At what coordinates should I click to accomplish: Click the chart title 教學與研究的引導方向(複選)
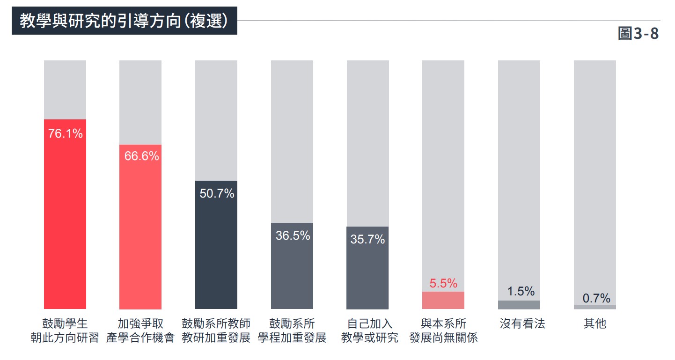(124, 22)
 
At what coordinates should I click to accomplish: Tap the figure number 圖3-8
(638, 34)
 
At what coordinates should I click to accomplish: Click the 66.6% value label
(141, 156)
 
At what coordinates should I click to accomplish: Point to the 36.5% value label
(293, 235)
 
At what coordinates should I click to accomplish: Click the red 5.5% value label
(443, 283)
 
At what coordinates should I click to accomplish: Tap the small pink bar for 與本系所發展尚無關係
(443, 300)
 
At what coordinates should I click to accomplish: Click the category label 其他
(595, 323)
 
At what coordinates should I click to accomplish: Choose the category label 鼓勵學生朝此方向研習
(65, 331)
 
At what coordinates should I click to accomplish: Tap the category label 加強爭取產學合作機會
(140, 331)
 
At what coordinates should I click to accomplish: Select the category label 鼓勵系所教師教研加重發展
(216, 331)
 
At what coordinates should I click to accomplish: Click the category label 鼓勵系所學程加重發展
(292, 331)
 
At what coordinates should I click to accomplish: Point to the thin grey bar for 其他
(595, 307)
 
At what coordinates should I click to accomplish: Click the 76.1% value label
(65, 134)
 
